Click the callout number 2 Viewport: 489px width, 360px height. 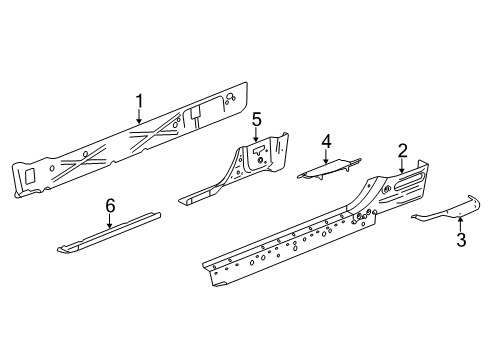402,151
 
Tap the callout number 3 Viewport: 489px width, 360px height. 461,240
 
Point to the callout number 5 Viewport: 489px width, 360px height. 256,120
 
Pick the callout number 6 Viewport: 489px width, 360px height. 110,205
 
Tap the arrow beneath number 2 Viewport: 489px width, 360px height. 402,167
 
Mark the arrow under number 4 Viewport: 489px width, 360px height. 325,156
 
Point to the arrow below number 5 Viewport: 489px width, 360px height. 256,137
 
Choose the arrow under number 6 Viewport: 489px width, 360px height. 110,222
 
